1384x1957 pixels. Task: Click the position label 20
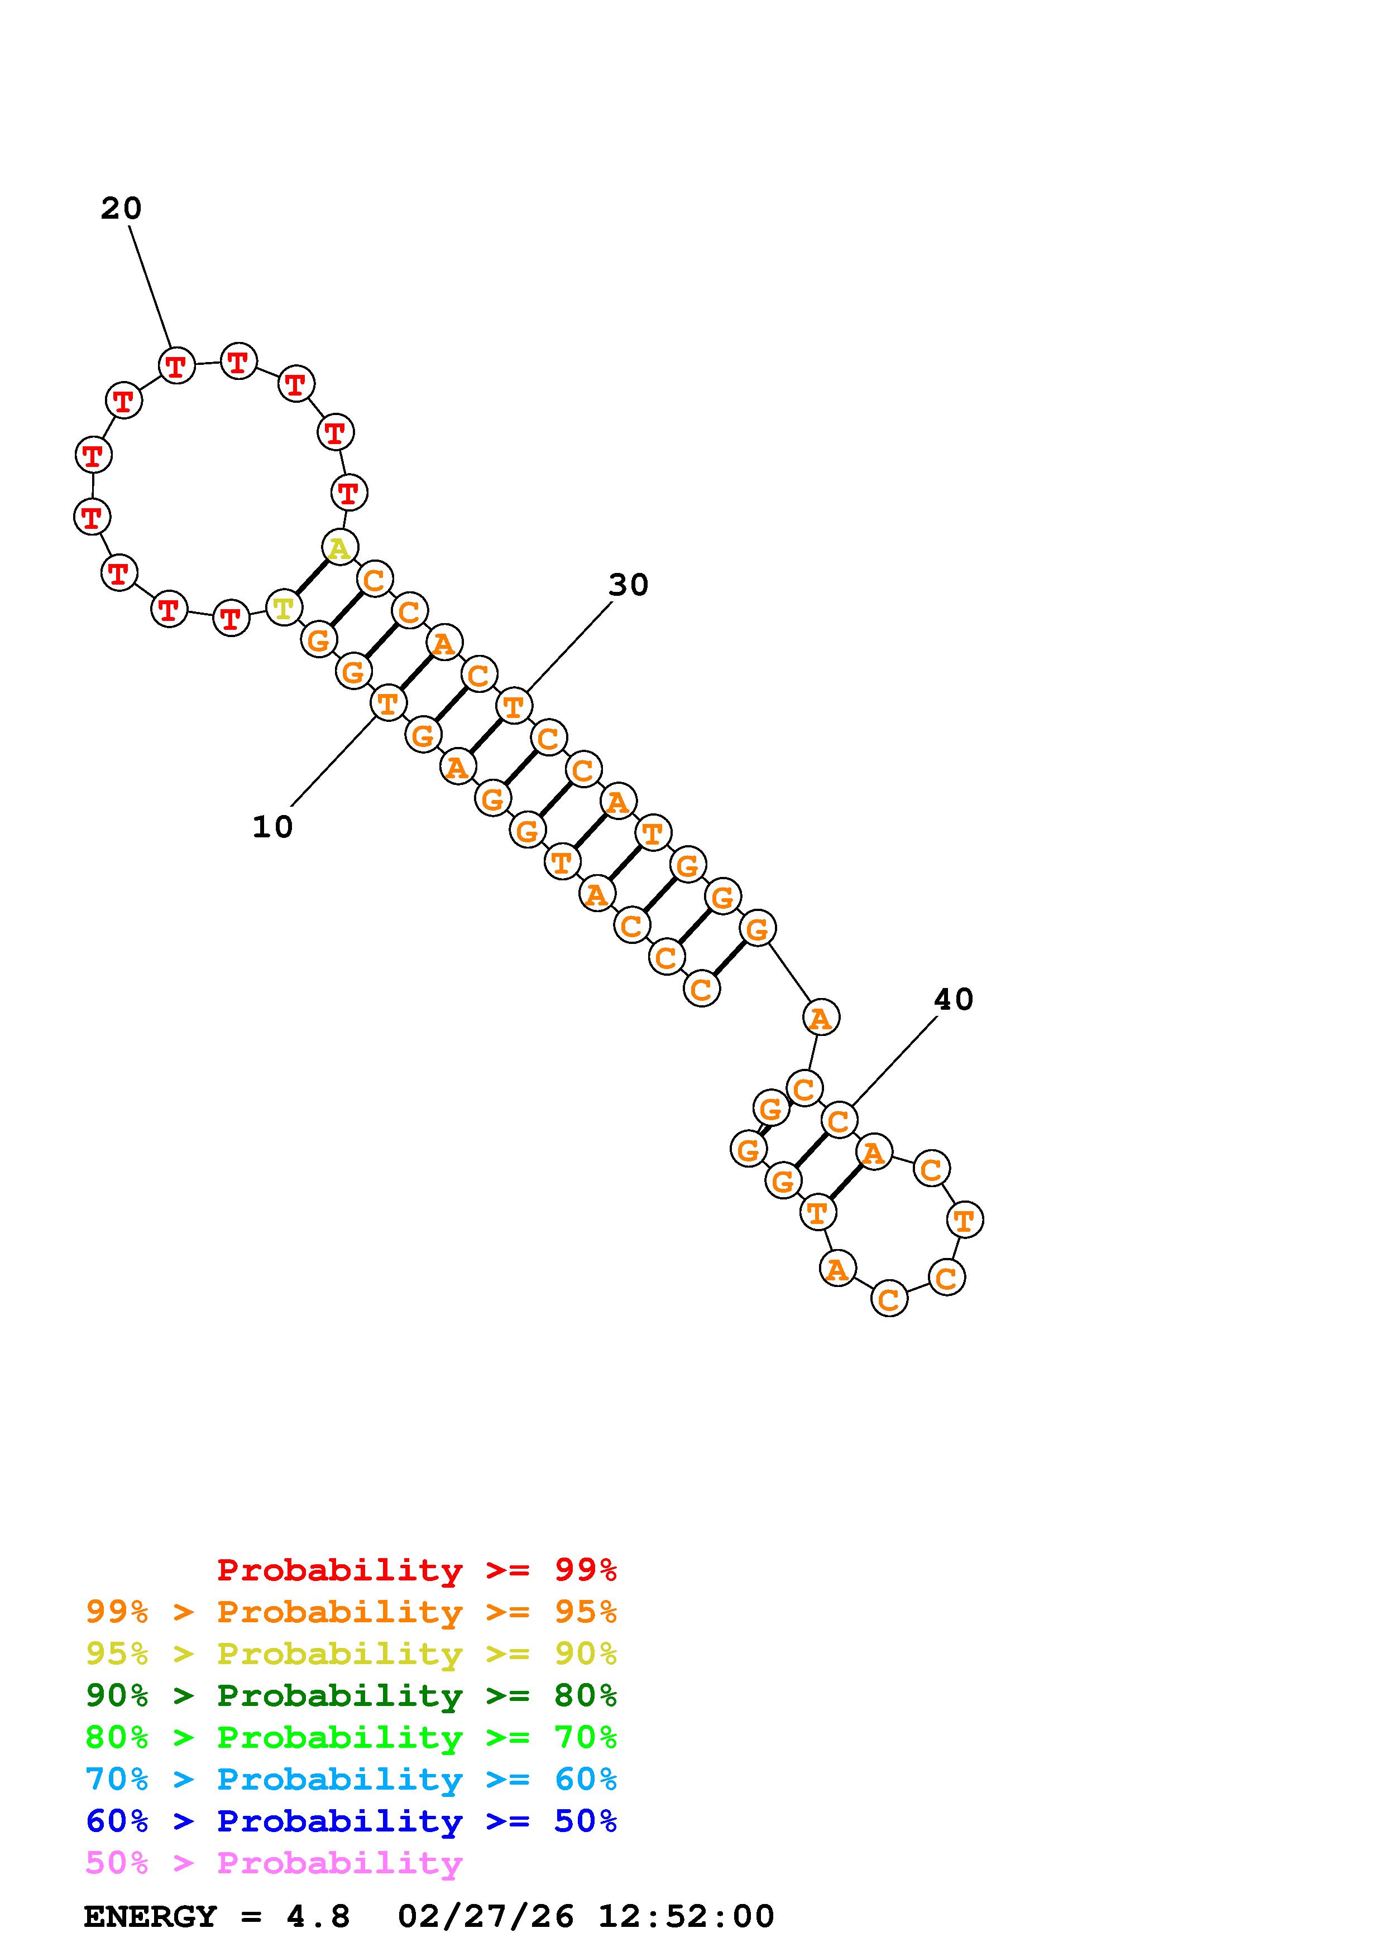121,208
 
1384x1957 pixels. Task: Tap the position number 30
629,585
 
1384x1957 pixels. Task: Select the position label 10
273,827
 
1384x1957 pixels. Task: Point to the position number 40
954,999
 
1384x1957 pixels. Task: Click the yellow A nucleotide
340,547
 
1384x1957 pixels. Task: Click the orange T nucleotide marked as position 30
514,706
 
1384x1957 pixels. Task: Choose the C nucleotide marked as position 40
839,1120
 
